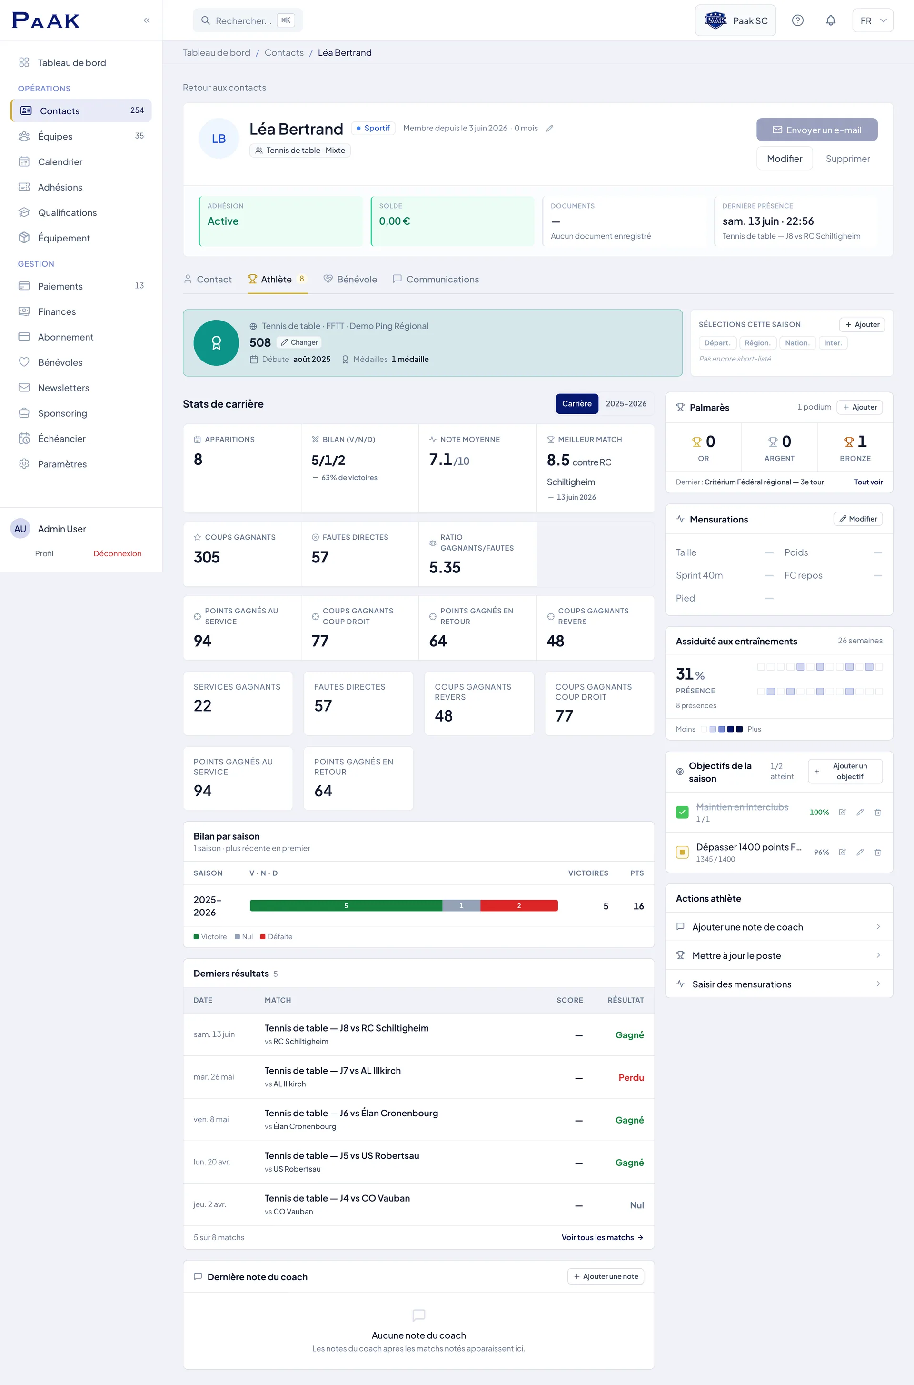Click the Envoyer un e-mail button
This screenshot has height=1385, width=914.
[x=817, y=130]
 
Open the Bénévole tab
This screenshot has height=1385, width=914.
[x=350, y=279]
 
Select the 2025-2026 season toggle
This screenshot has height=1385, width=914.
[x=626, y=403]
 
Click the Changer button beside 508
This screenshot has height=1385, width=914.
[x=299, y=342]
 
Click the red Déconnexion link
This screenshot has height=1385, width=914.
[x=117, y=553]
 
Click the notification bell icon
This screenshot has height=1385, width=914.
[x=831, y=21]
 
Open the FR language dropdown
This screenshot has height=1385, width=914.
[x=873, y=21]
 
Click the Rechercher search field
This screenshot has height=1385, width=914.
[x=248, y=20]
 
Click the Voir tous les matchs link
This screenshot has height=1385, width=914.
[x=602, y=1237]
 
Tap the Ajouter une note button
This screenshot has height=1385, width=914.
[x=606, y=1276]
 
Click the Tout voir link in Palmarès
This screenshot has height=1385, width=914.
[x=868, y=482]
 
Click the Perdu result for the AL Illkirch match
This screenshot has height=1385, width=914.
[x=631, y=1077]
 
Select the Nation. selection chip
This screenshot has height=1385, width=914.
[x=797, y=343]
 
